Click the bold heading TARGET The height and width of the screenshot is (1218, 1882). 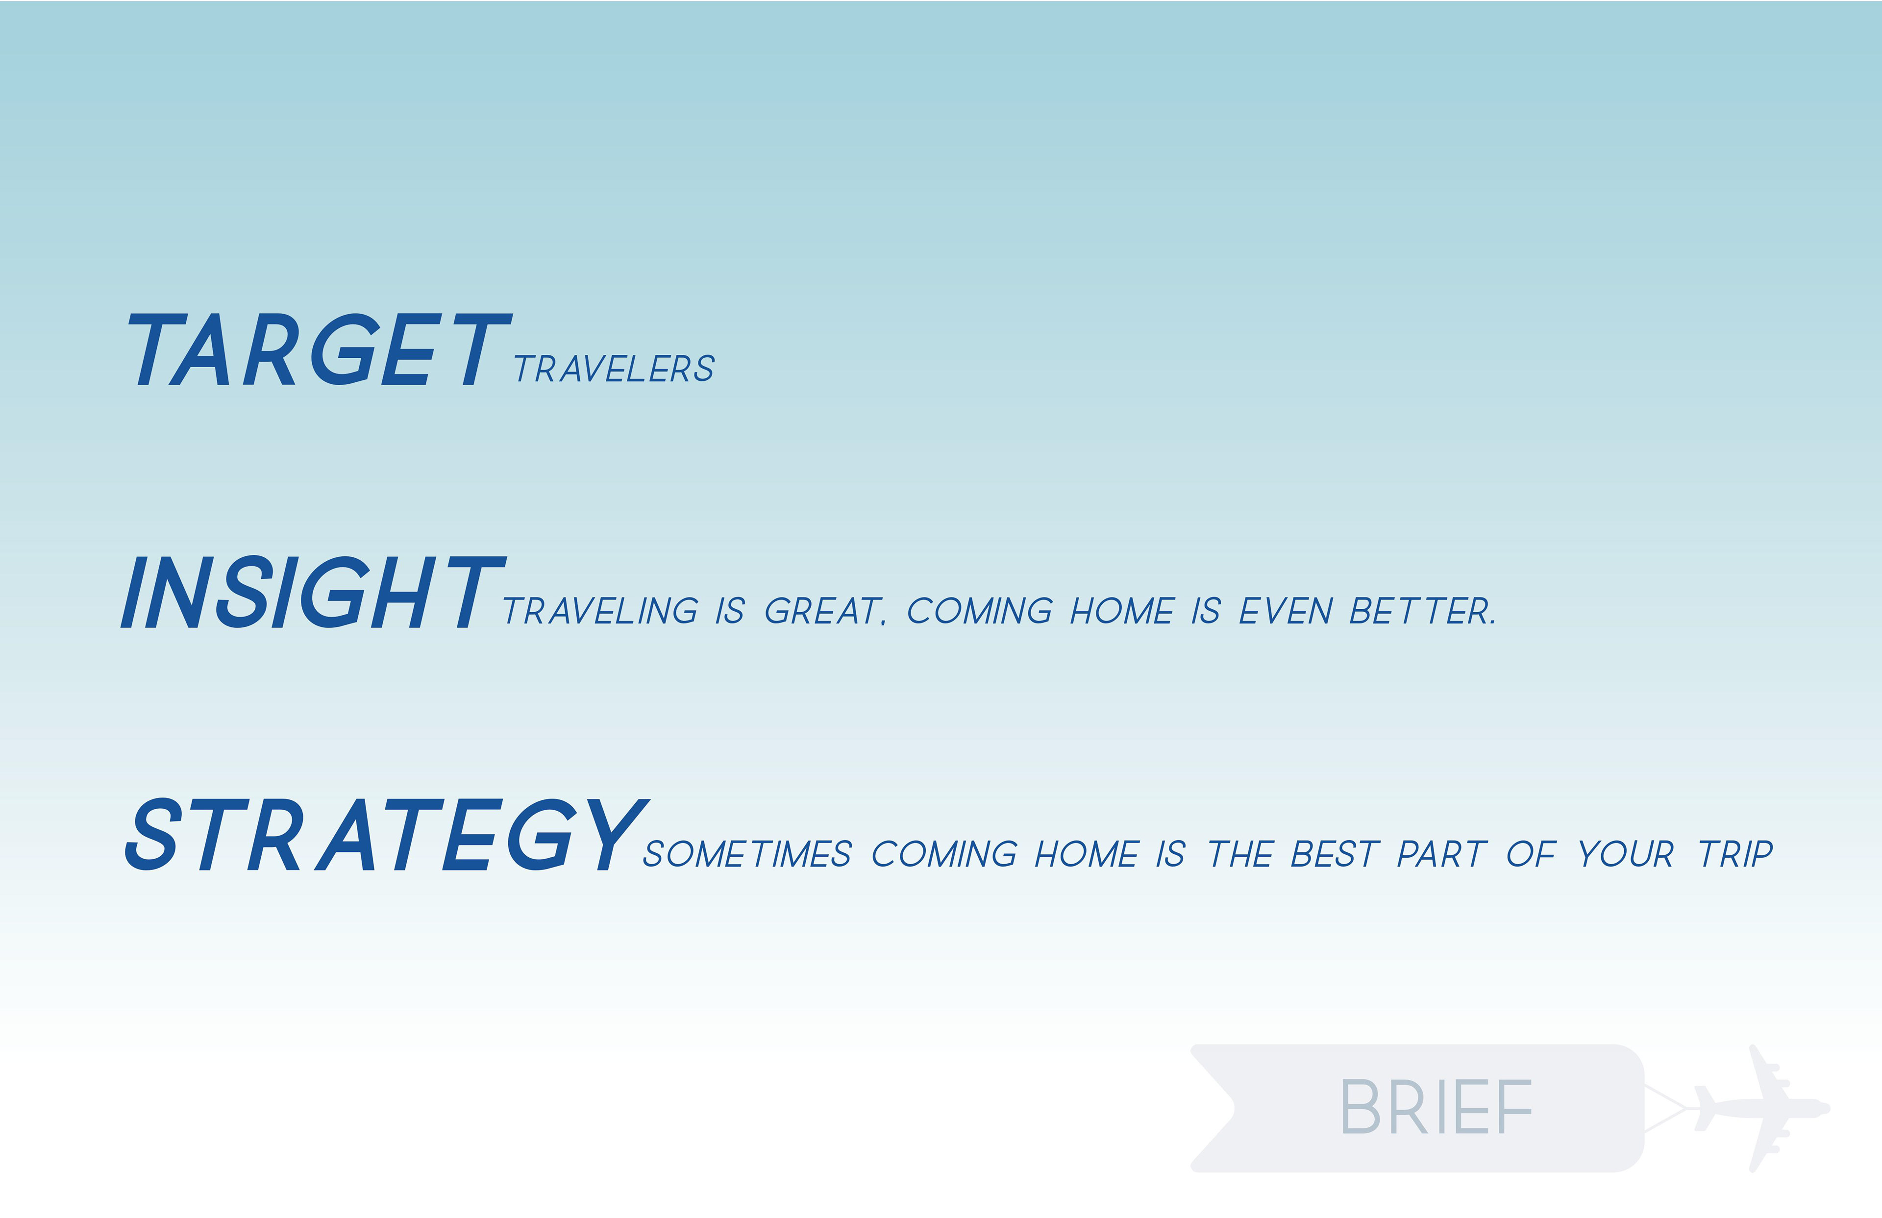click(x=320, y=349)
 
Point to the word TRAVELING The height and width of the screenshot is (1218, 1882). click(x=601, y=611)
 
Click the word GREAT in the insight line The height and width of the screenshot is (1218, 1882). click(x=823, y=611)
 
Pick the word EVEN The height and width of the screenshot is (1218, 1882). click(x=1286, y=611)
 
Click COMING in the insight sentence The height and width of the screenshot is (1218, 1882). click(x=980, y=611)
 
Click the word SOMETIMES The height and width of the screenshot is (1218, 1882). click(x=747, y=854)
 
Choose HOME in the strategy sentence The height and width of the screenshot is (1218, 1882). click(x=1087, y=854)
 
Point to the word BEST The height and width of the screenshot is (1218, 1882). click(x=1335, y=854)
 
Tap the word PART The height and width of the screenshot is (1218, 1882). click(x=1442, y=854)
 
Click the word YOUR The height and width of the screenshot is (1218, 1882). click(x=1626, y=854)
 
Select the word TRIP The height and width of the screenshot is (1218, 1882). click(x=1736, y=854)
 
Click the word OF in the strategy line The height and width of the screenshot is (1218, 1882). click(x=1531, y=854)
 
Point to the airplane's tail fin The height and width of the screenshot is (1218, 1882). click(x=1707, y=1107)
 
